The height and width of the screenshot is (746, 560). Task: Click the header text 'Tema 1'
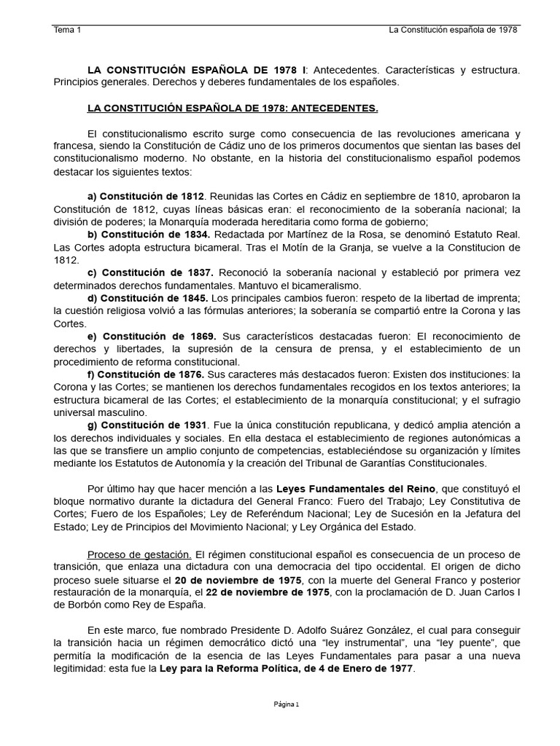coord(68,30)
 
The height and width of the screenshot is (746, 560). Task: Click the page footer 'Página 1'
coord(287,704)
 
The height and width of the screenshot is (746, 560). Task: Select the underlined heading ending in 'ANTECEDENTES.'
coord(233,109)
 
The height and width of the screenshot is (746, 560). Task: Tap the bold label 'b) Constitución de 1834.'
coord(149,235)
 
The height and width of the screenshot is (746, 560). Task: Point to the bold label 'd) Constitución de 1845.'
coord(149,299)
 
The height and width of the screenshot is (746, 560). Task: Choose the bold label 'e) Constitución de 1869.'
coord(152,337)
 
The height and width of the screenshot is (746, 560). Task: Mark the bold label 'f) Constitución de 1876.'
coord(147,374)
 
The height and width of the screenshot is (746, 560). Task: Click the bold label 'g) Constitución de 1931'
coord(147,425)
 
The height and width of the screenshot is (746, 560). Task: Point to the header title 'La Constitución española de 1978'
coord(454,30)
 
